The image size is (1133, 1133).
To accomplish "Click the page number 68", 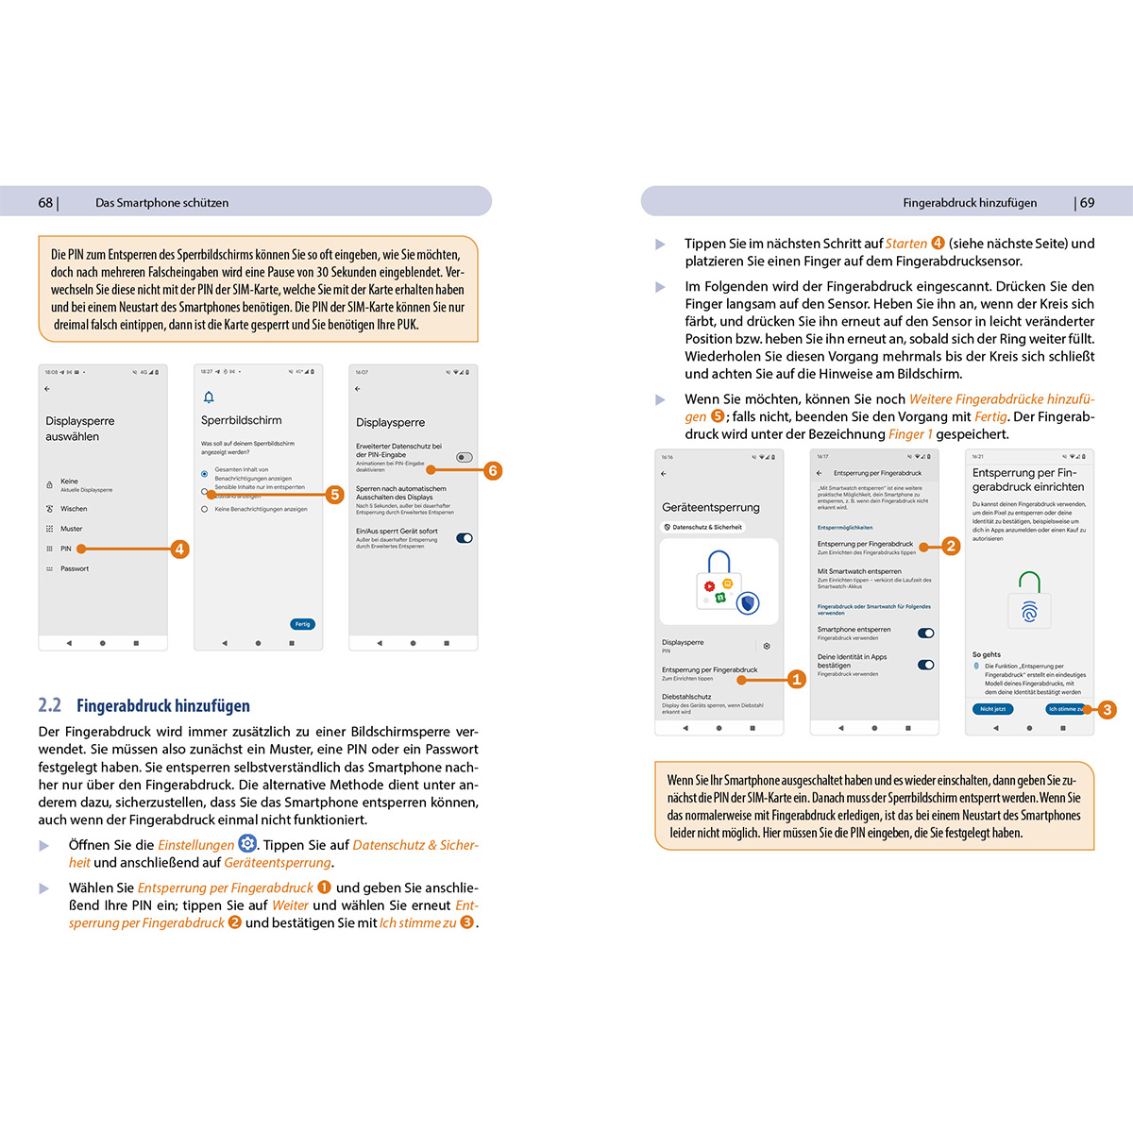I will pos(45,203).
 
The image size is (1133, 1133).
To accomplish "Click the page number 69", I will pos(1087,203).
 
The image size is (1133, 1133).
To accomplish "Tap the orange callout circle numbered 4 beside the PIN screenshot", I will pos(179,549).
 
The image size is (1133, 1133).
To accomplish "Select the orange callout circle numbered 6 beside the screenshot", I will pos(492,470).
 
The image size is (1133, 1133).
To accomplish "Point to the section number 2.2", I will pos(49,705).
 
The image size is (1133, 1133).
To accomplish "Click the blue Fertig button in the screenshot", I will pos(302,624).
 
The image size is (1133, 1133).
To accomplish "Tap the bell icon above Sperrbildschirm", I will pos(209,397).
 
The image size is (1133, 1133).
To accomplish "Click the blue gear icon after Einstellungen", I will pos(247,844).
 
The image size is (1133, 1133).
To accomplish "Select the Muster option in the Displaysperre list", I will pos(71,529).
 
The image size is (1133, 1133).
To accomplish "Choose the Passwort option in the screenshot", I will pos(75,568).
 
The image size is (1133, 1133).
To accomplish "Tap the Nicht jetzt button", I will pos(992,709).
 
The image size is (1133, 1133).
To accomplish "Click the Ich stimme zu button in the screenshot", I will pos(1066,709).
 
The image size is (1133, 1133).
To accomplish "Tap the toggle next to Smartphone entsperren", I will pos(925,634).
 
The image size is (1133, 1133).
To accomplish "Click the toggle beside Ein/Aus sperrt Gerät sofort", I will pos(464,538).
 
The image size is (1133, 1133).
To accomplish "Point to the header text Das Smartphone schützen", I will pos(161,203).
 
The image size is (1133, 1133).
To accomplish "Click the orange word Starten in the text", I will pos(905,244).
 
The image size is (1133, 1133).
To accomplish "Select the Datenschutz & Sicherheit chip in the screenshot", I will pos(702,527).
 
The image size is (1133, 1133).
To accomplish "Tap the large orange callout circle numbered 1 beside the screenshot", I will pos(796,679).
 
